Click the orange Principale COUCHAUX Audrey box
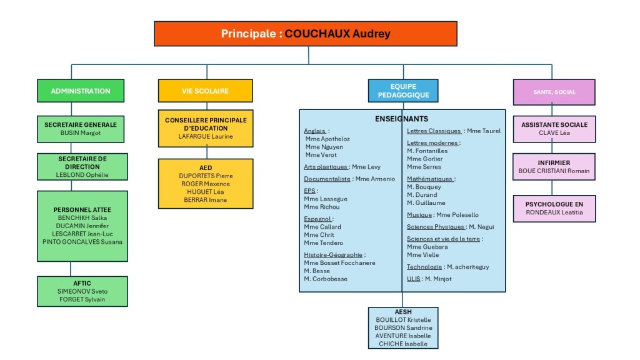click(x=305, y=34)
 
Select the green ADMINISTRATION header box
click(x=81, y=91)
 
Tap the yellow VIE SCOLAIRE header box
click(x=205, y=91)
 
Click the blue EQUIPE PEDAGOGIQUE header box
click(x=403, y=91)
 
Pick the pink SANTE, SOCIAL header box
click(x=554, y=92)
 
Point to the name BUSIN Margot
click(x=81, y=133)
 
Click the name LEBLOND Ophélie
click(x=82, y=175)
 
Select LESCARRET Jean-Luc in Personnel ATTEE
click(x=82, y=234)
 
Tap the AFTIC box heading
click(x=82, y=283)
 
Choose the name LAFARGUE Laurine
click(x=205, y=136)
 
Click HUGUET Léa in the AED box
click(x=205, y=192)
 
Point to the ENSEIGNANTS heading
click(x=402, y=119)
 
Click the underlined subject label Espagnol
click(x=317, y=219)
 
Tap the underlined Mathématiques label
click(x=430, y=179)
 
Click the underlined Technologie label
click(x=424, y=267)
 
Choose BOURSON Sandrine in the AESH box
click(x=403, y=327)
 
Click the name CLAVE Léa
click(x=554, y=133)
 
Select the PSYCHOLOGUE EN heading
click(x=554, y=204)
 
